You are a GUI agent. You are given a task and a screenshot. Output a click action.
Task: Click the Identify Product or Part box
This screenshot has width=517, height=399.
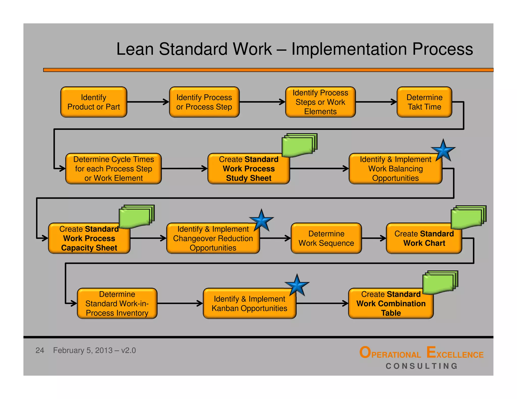[94, 102]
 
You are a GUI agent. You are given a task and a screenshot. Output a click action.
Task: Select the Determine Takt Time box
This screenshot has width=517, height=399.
[424, 102]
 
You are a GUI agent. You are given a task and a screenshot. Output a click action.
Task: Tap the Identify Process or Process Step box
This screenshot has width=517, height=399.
[204, 102]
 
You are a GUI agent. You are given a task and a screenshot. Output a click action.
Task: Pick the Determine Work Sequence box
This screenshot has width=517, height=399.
[326, 238]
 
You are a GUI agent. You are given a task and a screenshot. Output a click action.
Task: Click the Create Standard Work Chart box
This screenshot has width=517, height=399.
[424, 239]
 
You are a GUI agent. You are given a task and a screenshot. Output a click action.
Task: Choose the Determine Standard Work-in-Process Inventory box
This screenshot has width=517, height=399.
[117, 303]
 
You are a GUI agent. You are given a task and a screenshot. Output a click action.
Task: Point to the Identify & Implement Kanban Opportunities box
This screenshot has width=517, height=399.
[249, 303]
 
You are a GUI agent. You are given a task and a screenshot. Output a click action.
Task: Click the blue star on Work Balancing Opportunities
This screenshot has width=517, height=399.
[443, 151]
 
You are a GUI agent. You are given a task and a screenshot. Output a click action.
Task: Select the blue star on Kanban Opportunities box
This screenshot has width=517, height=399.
[297, 286]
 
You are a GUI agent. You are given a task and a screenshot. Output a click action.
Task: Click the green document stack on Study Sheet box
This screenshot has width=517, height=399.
[299, 145]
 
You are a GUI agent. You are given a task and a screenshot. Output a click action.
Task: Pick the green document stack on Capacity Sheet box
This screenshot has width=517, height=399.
[136, 216]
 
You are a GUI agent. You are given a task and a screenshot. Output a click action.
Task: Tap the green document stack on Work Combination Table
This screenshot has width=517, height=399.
[440, 282]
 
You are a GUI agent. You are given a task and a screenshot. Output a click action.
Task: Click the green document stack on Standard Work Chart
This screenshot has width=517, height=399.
[468, 217]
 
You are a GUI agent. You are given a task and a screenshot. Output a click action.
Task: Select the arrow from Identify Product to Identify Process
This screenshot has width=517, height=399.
[148, 102]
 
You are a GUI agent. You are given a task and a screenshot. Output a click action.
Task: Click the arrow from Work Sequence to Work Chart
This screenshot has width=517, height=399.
[374, 238]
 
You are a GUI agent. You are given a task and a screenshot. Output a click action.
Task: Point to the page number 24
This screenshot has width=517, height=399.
[40, 350]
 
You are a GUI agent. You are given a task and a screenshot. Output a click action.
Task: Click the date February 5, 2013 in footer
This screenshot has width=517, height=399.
[83, 350]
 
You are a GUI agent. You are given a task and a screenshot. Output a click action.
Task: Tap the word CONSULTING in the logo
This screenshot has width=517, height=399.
[422, 366]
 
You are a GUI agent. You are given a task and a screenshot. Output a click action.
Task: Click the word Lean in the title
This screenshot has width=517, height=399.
[135, 49]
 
